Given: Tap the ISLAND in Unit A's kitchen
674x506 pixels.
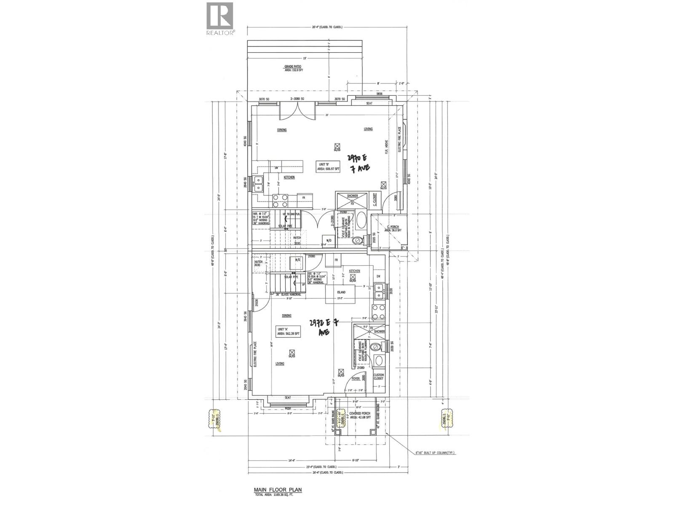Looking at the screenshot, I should (341, 292).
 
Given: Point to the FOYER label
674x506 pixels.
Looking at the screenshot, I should (356, 379).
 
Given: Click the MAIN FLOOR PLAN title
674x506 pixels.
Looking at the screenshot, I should (278, 490).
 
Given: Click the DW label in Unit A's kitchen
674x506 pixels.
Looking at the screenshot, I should (378, 276).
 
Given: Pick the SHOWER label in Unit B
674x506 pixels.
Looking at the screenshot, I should (352, 196).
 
